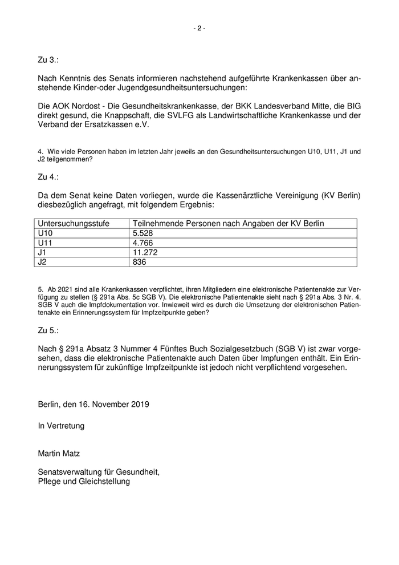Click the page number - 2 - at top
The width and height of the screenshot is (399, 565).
click(199, 28)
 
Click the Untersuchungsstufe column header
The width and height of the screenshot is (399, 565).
click(73, 224)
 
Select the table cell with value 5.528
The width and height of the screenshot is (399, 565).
click(143, 233)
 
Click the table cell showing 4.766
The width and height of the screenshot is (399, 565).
click(143, 243)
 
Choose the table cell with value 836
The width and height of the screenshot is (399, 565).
click(139, 262)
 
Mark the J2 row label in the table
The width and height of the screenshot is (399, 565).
click(42, 262)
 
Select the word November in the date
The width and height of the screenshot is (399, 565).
click(107, 404)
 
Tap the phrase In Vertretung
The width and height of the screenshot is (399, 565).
click(61, 425)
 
